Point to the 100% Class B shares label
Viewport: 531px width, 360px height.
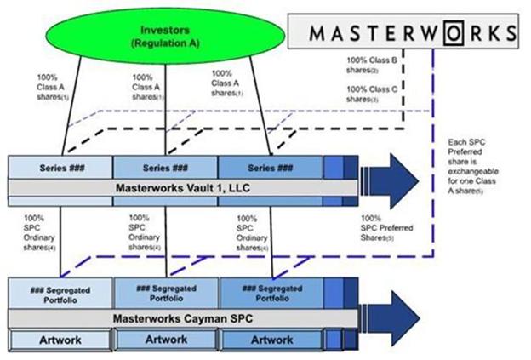(371, 66)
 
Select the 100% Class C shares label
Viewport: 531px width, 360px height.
(371, 94)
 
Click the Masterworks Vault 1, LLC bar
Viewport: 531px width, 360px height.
(180, 186)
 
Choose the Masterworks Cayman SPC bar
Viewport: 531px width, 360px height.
(180, 318)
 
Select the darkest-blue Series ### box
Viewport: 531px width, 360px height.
(270, 166)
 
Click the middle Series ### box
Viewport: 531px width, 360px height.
(165, 166)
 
